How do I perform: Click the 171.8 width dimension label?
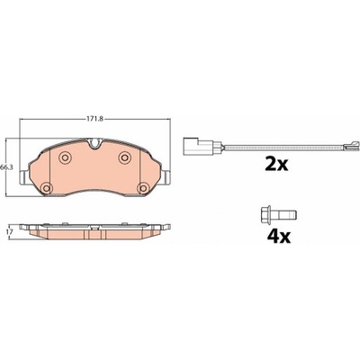[94, 119]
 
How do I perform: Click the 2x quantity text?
[276, 164]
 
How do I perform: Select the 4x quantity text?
[279, 237]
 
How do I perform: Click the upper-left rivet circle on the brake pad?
[65, 157]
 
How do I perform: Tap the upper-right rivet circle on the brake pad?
[124, 157]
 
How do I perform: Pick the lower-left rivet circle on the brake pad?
[46, 188]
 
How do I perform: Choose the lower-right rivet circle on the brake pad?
[143, 188]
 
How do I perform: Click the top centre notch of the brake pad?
[94, 143]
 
